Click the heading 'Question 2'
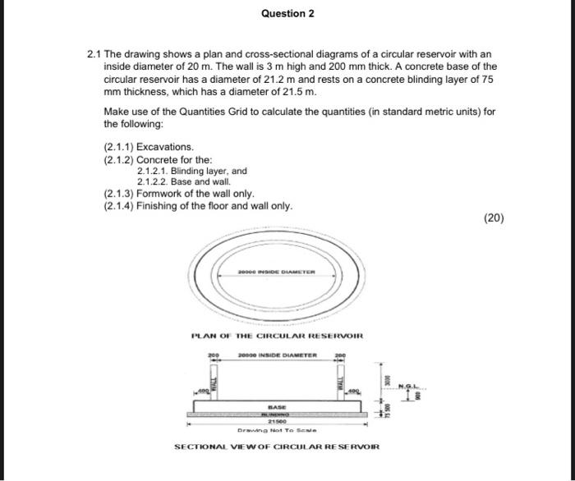click(287, 14)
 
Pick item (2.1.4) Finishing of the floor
click(198, 206)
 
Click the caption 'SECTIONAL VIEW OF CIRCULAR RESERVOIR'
click(277, 447)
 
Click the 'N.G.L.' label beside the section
click(410, 385)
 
